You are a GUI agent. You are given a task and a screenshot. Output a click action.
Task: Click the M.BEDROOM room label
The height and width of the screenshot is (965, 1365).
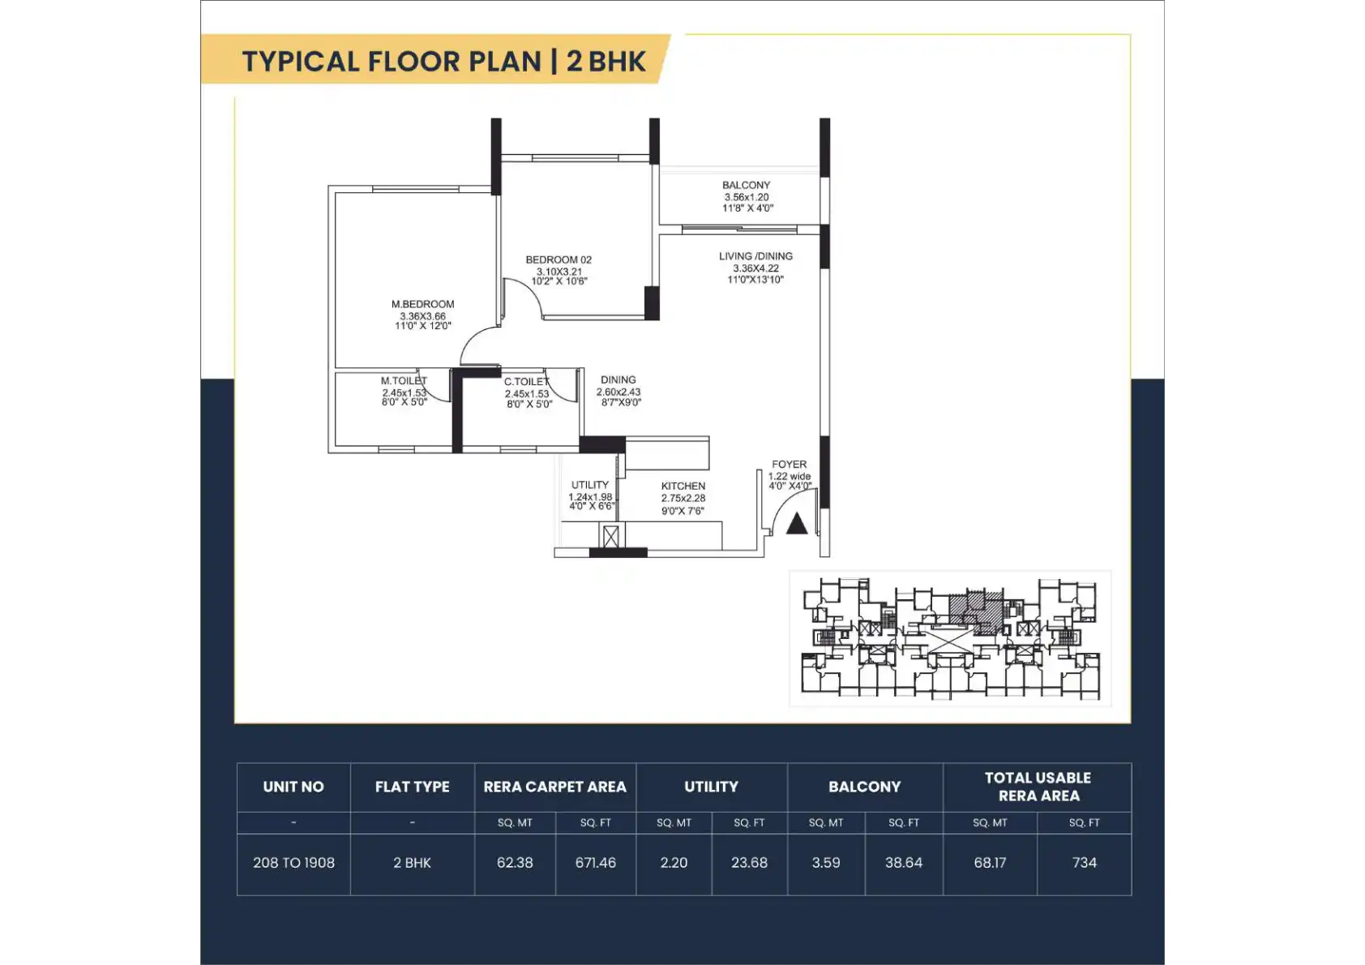[422, 304]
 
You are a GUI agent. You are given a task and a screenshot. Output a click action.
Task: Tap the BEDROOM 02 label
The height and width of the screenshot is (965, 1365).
[558, 259]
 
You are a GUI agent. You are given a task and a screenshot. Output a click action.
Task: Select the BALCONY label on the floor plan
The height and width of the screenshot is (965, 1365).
[746, 185]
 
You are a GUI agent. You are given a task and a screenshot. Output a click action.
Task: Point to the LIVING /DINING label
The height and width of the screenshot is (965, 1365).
[755, 256]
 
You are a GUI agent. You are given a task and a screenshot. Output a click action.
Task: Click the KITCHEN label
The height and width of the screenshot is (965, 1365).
[683, 486]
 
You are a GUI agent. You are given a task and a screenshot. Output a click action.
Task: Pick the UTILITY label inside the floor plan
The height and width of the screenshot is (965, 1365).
[589, 485]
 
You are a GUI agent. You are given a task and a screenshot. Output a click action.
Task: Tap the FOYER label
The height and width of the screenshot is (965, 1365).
[789, 465]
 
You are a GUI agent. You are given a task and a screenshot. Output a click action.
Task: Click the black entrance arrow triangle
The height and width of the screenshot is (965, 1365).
[797, 524]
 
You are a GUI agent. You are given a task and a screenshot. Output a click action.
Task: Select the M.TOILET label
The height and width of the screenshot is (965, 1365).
[404, 381]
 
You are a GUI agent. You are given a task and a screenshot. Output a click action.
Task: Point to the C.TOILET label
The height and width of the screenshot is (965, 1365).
[527, 382]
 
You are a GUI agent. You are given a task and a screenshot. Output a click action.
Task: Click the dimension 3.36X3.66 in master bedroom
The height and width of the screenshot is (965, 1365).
[422, 315]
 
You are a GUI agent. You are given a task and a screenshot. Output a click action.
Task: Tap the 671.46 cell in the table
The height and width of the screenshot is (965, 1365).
[595, 863]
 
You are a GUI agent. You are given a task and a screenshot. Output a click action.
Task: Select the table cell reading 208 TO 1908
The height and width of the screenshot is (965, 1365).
[293, 863]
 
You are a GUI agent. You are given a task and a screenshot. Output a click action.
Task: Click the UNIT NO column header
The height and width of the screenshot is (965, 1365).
[293, 787]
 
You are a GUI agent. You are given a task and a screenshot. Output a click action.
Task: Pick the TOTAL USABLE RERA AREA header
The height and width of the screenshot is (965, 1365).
[1038, 787]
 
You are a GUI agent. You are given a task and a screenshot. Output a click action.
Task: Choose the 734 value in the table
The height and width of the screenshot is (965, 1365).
[1084, 863]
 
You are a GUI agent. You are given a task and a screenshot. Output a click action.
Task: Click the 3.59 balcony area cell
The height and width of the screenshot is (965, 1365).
[826, 863]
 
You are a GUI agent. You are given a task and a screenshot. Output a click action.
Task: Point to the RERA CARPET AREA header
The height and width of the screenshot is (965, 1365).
[554, 787]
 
